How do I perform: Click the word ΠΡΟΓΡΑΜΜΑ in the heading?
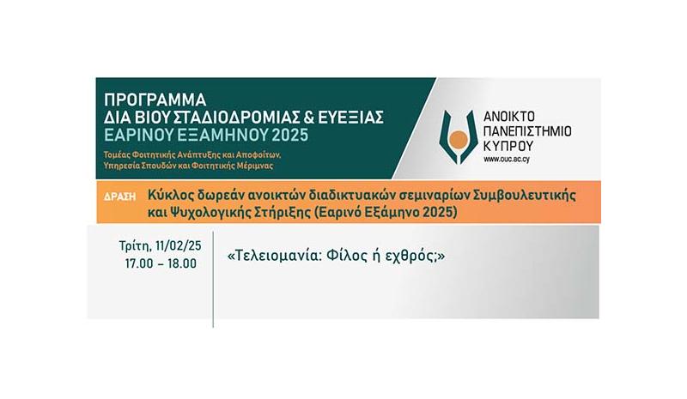click(x=155, y=100)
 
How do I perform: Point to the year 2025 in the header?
click(x=290, y=136)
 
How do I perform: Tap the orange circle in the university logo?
click(x=459, y=140)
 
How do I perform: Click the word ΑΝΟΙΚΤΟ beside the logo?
click(x=509, y=117)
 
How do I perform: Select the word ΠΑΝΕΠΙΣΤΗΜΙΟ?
click(x=527, y=131)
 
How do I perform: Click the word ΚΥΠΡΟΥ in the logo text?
click(x=508, y=145)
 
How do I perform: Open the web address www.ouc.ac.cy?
click(x=507, y=160)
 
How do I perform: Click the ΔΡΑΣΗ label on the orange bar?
click(x=119, y=196)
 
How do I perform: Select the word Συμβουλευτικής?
click(x=525, y=196)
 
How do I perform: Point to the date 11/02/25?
click(x=179, y=246)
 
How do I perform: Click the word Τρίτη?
click(x=136, y=246)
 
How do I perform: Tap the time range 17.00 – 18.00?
click(x=161, y=263)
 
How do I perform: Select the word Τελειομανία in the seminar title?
click(x=276, y=256)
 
